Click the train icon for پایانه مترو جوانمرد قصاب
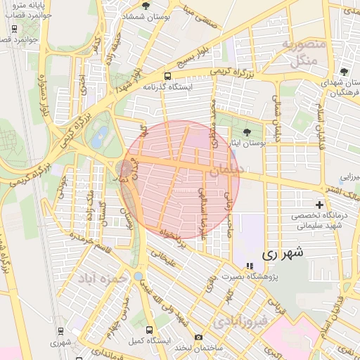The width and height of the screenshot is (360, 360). (15, 29)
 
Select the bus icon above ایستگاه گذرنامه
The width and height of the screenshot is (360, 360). (167, 76)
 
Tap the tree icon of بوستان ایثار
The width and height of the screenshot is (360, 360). (245, 131)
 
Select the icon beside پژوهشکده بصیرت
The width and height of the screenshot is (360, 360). (248, 266)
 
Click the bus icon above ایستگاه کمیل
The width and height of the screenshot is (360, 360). (148, 329)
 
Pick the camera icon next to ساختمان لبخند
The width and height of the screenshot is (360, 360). (198, 337)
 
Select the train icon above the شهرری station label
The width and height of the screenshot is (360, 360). (55, 333)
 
